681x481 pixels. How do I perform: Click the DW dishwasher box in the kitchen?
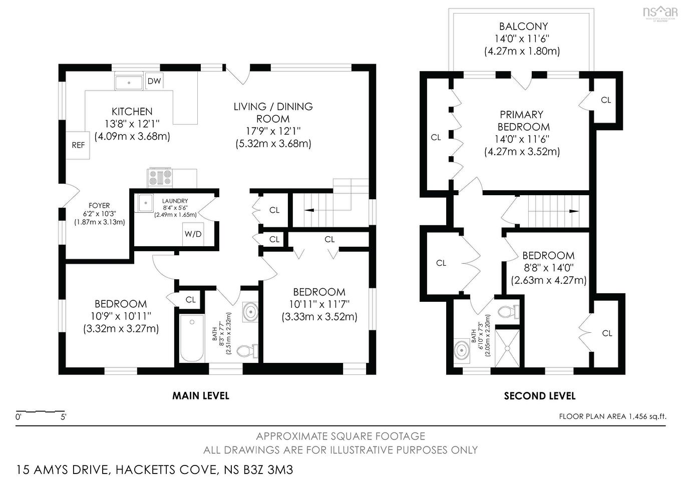tap(154, 81)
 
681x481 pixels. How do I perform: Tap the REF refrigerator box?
tap(78, 145)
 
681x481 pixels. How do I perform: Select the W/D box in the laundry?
tap(193, 234)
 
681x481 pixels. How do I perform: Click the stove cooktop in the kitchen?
tap(160, 177)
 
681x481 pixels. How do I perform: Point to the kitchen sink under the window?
tap(129, 82)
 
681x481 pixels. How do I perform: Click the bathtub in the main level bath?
tap(192, 338)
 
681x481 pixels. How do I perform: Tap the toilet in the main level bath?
tap(247, 350)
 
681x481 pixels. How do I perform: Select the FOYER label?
tap(99, 205)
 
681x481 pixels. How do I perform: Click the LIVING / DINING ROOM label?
tap(273, 113)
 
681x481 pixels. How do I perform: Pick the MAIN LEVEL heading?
tap(201, 396)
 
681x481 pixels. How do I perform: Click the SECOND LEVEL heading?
tap(539, 396)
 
